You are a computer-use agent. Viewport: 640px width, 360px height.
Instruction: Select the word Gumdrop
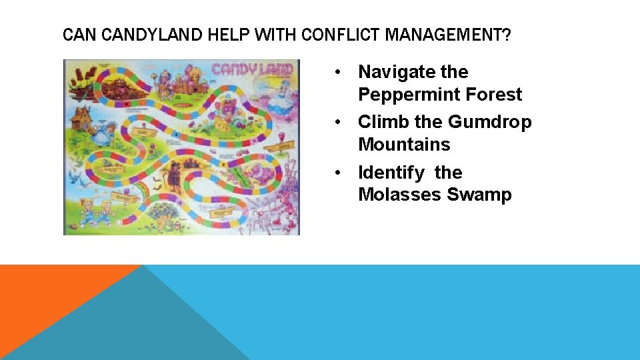[490, 122]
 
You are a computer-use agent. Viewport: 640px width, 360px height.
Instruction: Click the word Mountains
[404, 144]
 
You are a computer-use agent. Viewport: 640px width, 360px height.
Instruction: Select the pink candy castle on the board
[177, 80]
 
